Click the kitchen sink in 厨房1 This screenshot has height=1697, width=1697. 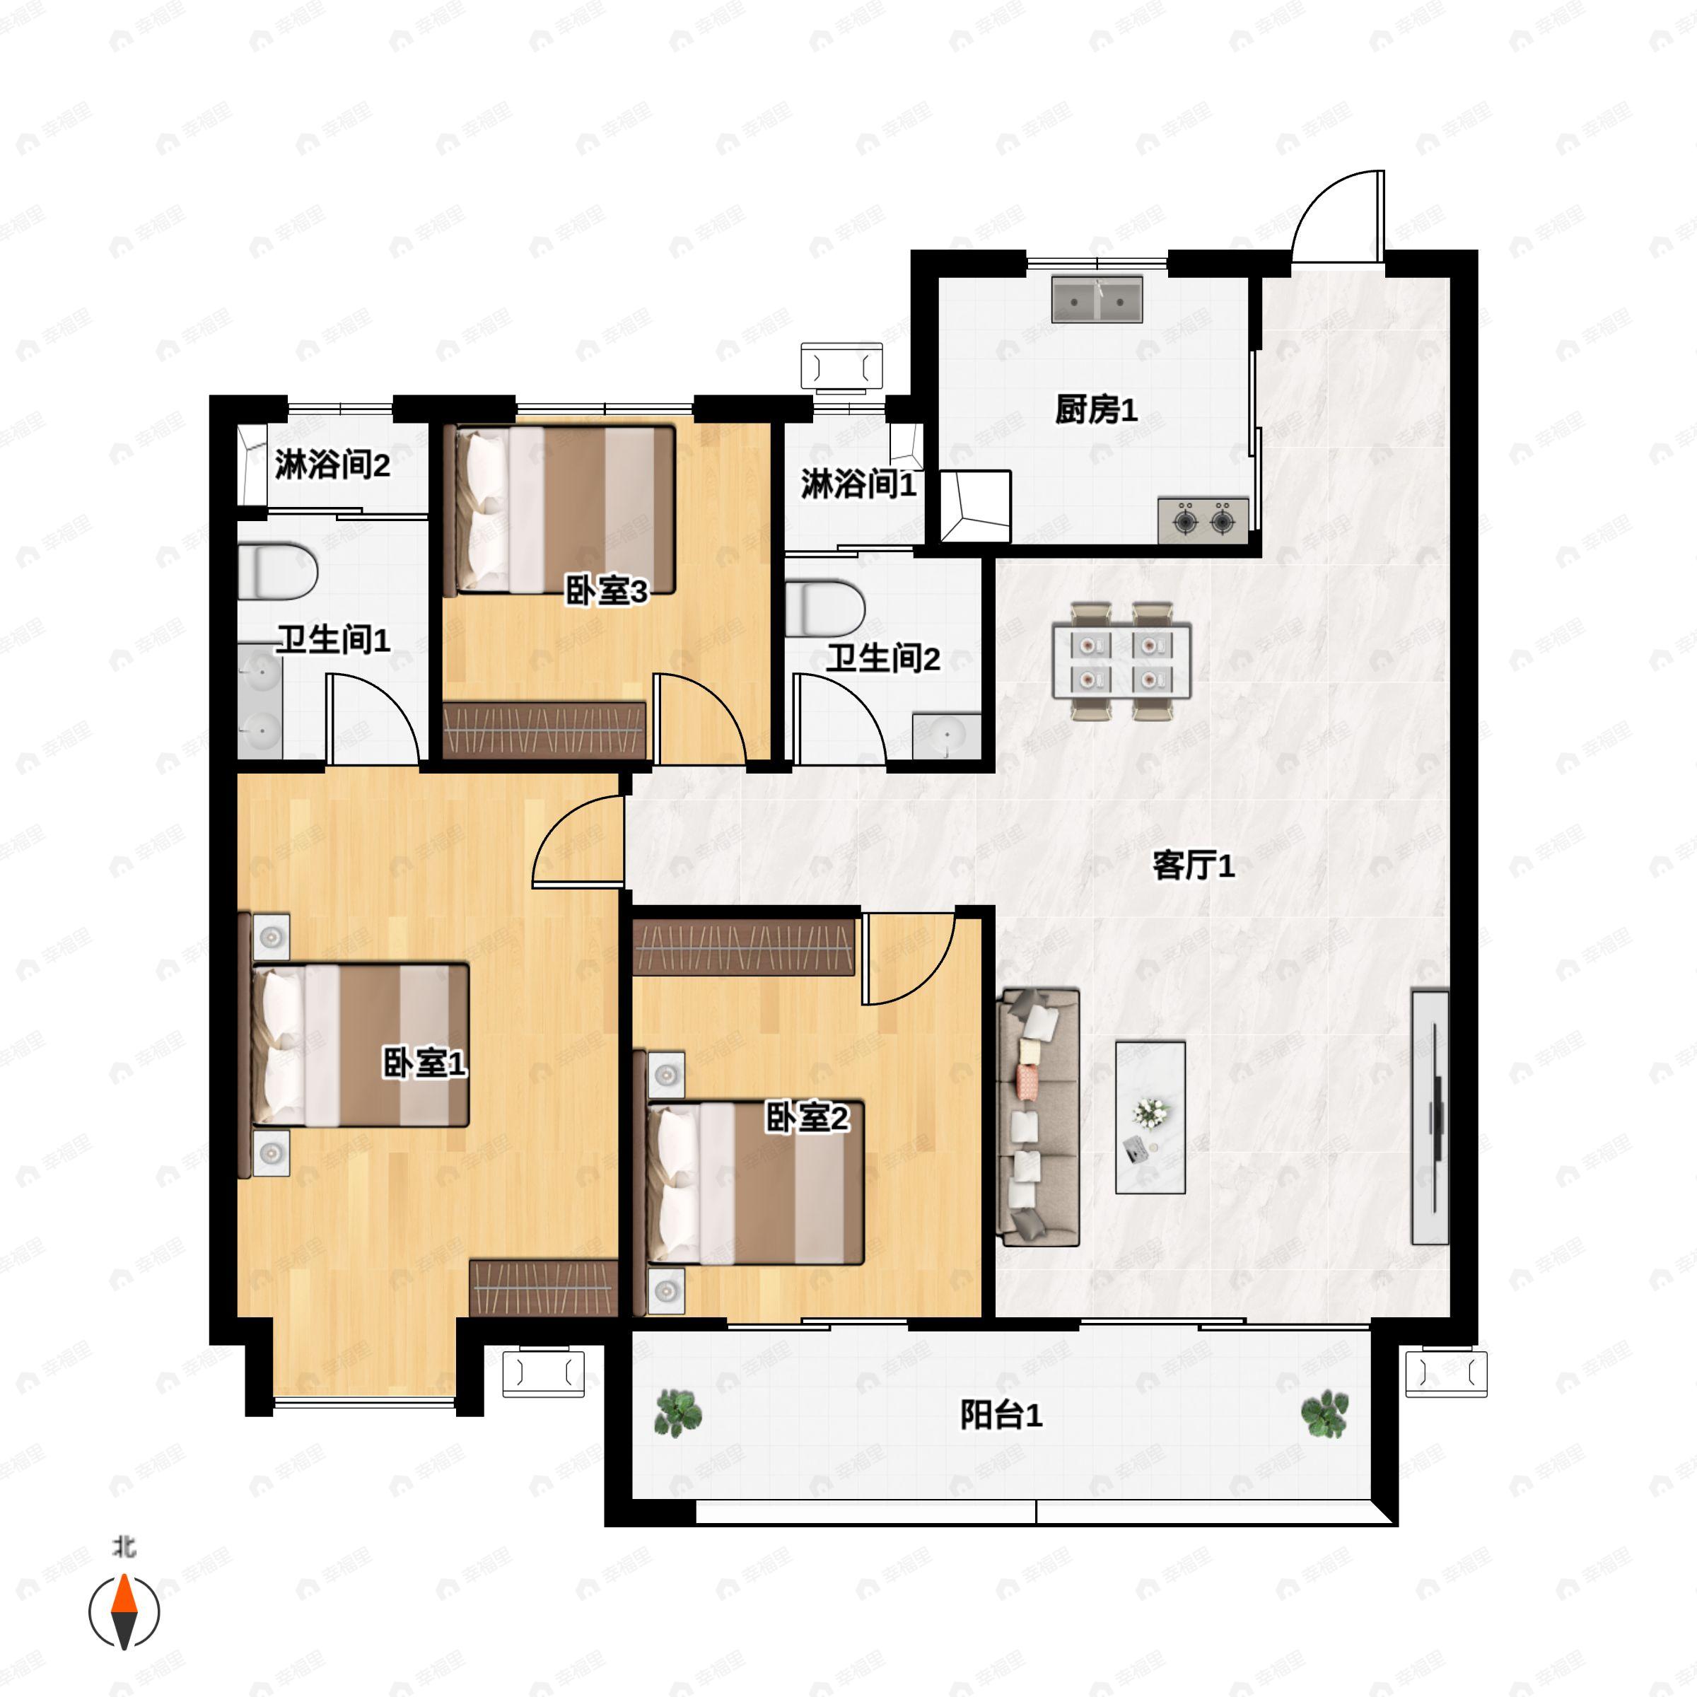pos(1097,300)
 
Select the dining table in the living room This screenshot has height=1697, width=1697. pos(1121,660)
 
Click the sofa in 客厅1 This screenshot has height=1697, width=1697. pos(1040,1116)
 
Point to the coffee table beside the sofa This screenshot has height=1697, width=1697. pos(1150,1117)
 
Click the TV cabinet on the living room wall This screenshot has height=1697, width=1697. pos(1430,1116)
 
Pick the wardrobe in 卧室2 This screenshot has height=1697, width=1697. pos(743,947)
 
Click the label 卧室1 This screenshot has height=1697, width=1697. pos(424,1063)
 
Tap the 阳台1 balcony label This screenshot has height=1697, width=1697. pos(1001,1415)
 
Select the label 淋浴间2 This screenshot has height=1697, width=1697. pos(332,465)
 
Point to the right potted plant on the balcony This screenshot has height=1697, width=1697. pos(1324,1413)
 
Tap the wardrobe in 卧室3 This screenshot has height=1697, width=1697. pos(544,729)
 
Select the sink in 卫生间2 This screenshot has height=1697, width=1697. pos(947,735)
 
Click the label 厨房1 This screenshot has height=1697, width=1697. pos(1096,409)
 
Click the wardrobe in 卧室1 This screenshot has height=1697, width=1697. pos(544,1287)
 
